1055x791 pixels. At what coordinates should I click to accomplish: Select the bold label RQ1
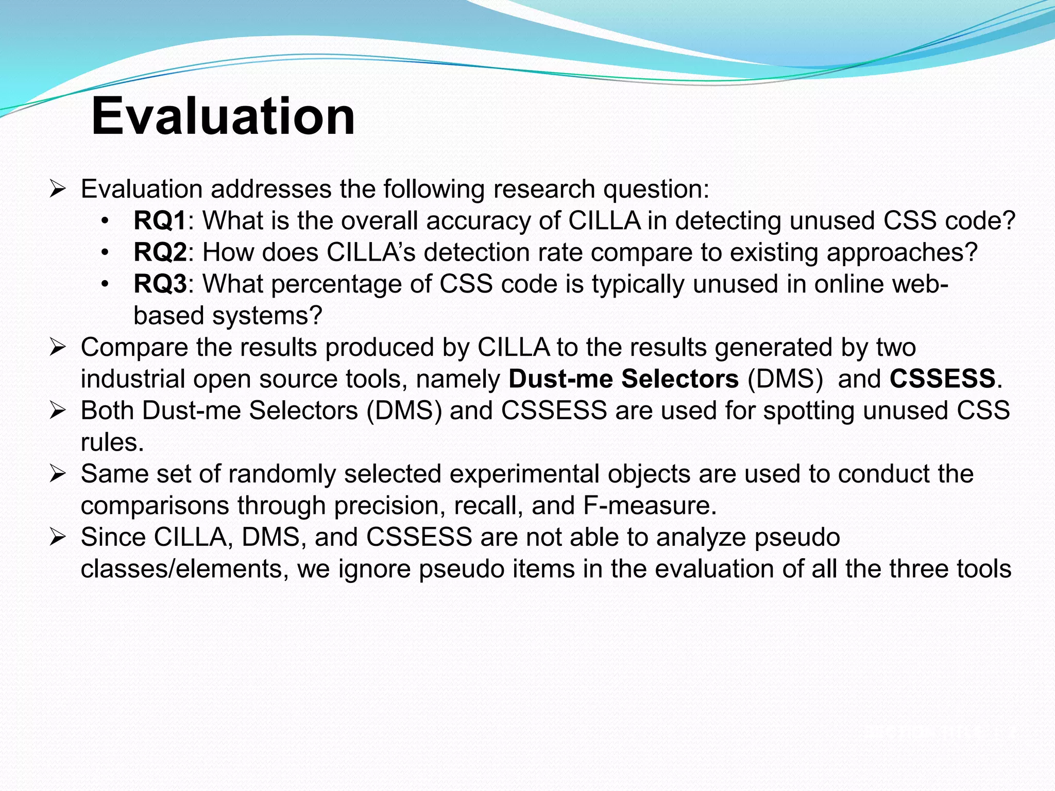click(159, 221)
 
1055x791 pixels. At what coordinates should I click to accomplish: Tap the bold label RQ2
click(160, 252)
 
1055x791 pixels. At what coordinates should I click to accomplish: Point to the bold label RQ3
click(160, 284)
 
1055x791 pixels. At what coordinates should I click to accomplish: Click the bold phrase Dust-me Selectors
click(623, 379)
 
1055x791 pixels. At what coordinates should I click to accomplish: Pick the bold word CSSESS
click(942, 379)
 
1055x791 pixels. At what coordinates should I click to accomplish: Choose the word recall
click(488, 506)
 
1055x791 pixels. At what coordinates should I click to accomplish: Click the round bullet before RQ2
click(105, 253)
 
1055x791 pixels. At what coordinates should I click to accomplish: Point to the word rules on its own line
click(111, 443)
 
